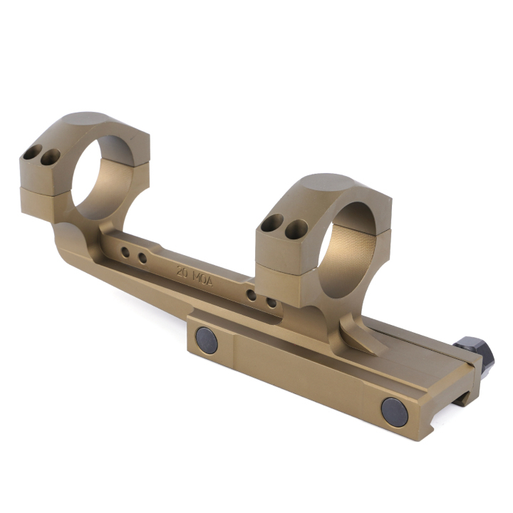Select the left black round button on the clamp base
(x=207, y=341)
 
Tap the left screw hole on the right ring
(x=272, y=224)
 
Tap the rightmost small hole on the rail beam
(x=271, y=302)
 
